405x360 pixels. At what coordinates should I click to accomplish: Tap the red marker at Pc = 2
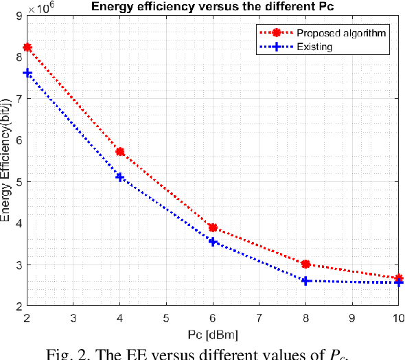(27, 47)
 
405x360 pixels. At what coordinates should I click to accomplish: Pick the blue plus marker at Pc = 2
(27, 73)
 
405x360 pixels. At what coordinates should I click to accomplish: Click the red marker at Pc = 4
(120, 152)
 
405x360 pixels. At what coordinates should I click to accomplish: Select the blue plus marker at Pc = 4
(120, 177)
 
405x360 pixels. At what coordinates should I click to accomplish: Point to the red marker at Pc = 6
(213, 227)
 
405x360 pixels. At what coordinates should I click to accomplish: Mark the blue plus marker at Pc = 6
(213, 242)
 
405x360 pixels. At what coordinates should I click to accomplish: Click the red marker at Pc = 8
(306, 264)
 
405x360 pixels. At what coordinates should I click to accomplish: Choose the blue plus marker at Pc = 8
(306, 281)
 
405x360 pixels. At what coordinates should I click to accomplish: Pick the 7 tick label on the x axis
(259, 318)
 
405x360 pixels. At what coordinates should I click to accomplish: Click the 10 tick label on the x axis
(397, 318)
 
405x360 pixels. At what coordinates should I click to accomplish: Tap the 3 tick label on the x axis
(73, 318)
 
